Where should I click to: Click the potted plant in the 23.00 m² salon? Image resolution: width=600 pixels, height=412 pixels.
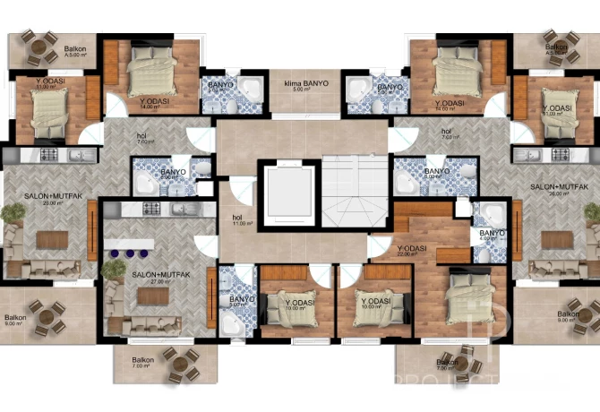click(11, 214)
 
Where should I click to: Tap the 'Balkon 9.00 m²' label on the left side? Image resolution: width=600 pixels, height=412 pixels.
click(14, 321)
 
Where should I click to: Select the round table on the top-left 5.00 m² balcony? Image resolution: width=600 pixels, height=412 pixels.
click(37, 47)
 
